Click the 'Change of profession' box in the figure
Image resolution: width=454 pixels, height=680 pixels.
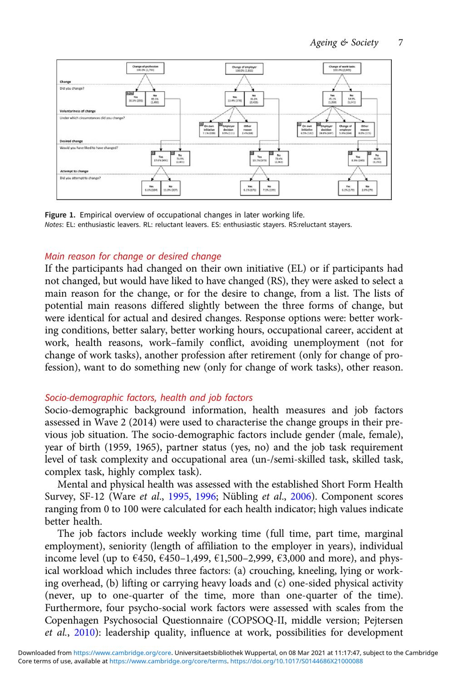point(145,68)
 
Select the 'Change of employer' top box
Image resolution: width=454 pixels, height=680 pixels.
point(244,68)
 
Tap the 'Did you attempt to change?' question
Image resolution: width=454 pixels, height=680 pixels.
point(80,178)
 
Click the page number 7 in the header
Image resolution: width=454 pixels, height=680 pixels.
point(400,43)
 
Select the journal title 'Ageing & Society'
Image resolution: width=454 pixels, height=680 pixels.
point(344,43)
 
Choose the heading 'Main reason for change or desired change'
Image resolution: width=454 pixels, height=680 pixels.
point(133,256)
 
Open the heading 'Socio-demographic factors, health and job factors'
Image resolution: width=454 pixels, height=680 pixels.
point(148,398)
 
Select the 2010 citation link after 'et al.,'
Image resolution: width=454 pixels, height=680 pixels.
point(84,632)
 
